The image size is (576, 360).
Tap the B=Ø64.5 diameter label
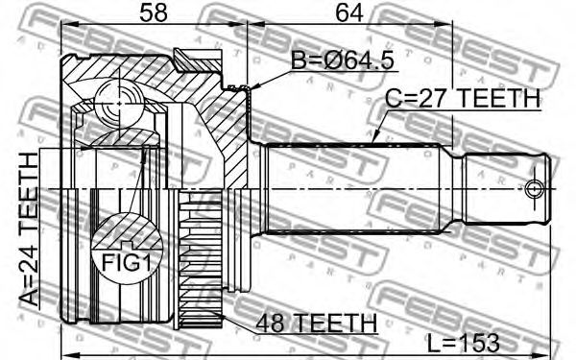(x=343, y=60)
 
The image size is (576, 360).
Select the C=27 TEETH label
(x=464, y=99)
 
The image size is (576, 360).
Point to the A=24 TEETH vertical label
(x=29, y=229)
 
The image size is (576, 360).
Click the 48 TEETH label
(x=317, y=323)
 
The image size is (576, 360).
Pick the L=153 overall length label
(x=464, y=343)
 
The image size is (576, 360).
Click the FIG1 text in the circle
(x=127, y=263)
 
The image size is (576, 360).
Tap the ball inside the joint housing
(x=119, y=104)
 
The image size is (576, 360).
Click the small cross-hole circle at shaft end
(x=533, y=189)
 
